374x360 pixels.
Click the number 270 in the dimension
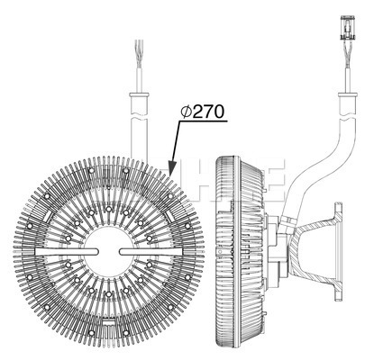click(208, 112)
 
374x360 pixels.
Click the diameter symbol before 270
click(187, 112)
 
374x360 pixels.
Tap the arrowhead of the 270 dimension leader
click(172, 167)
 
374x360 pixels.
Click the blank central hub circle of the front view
click(109, 251)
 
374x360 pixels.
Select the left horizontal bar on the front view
click(67, 252)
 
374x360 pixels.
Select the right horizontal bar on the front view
click(151, 252)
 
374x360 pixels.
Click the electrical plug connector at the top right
click(348, 28)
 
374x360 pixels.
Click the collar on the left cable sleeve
click(139, 95)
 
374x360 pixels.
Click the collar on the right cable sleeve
click(348, 94)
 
